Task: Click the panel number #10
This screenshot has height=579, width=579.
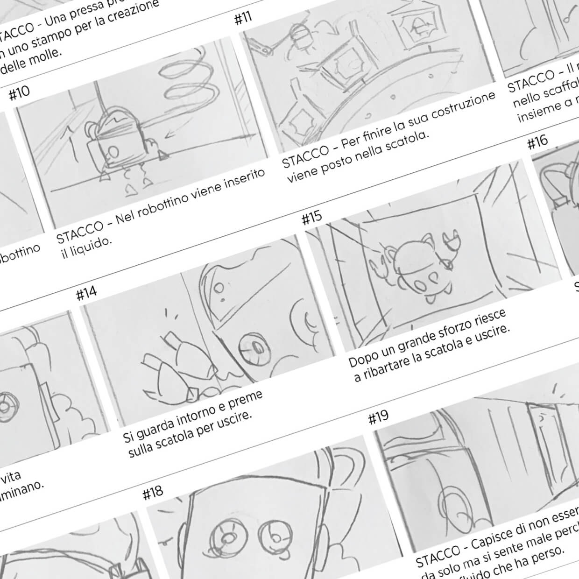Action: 19,93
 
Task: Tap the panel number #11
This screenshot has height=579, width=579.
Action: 242,18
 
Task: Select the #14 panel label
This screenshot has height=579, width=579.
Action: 86,294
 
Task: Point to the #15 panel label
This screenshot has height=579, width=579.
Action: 311,218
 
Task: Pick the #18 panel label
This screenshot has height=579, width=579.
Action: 153,493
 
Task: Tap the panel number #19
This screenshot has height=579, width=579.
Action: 378,417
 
